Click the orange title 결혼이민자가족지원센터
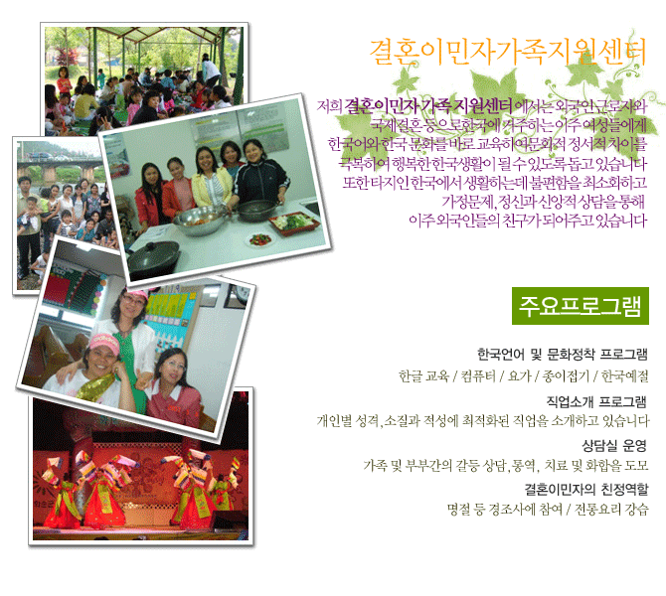pyautogui.click(x=508, y=52)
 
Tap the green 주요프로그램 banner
pyautogui.click(x=581, y=306)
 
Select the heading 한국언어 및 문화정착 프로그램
pyautogui.click(x=563, y=354)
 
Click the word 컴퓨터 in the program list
pyautogui.click(x=478, y=375)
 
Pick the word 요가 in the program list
pyautogui.click(x=520, y=375)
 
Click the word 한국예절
pyautogui.click(x=625, y=375)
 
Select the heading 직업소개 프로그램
pyautogui.click(x=596, y=400)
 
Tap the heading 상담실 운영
pyautogui.click(x=614, y=445)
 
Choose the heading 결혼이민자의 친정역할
pyautogui.click(x=586, y=489)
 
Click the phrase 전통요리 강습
pyautogui.click(x=611, y=509)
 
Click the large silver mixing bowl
pyautogui.click(x=200, y=222)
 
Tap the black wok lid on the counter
pyautogui.click(x=152, y=254)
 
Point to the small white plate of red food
pyautogui.click(x=260, y=240)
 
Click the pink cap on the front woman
pyautogui.click(x=104, y=342)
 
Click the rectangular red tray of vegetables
pyautogui.click(x=294, y=223)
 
